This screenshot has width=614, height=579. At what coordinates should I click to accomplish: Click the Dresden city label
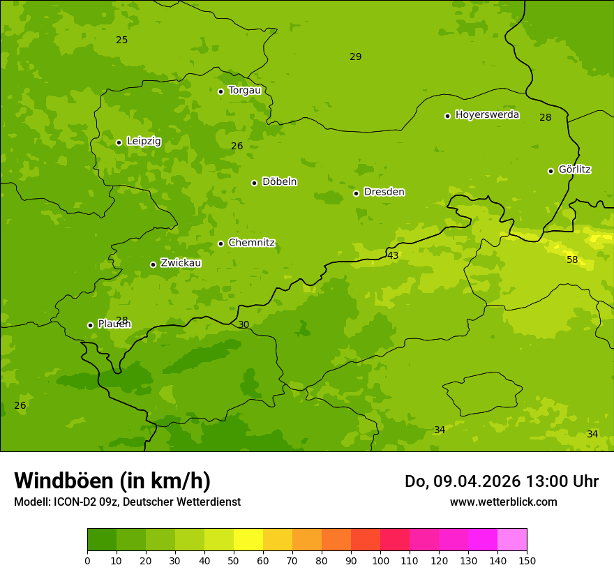tap(384, 192)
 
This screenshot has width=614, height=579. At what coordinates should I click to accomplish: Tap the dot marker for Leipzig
tap(119, 142)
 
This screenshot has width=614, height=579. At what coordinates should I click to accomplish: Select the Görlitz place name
tap(574, 170)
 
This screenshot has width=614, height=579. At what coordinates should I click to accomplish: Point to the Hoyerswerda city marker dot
tap(447, 116)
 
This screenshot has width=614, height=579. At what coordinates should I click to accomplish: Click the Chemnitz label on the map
tap(251, 243)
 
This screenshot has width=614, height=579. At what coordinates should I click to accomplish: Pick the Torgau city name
tap(244, 90)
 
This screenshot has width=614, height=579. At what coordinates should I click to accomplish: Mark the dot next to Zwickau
tap(153, 264)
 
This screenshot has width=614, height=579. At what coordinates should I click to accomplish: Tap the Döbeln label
tap(279, 182)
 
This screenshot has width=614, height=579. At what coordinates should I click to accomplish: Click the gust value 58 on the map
tap(572, 260)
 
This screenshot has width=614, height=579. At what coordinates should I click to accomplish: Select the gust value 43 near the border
tap(393, 256)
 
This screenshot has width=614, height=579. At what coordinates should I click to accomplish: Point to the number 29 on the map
tap(355, 57)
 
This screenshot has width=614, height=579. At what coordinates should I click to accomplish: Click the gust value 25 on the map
tap(121, 40)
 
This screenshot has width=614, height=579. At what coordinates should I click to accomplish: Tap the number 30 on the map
tap(244, 325)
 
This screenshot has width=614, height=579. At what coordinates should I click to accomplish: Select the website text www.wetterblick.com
tap(503, 502)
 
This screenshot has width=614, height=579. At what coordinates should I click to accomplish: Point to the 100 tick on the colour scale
tap(380, 560)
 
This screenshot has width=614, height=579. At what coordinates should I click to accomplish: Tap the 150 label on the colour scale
tap(527, 560)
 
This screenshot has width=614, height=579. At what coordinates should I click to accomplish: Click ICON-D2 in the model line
tap(74, 502)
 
